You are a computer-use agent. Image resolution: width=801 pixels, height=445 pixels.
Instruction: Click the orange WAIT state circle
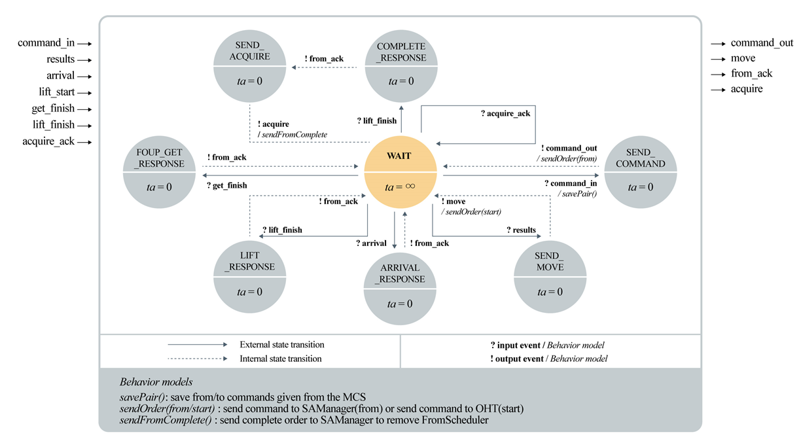click(400, 172)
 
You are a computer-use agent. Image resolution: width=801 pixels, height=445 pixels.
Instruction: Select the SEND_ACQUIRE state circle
click(249, 66)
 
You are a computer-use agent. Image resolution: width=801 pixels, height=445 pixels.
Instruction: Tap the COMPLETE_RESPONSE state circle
click(401, 66)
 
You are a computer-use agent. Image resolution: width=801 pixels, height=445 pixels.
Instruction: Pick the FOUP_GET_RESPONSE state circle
click(159, 172)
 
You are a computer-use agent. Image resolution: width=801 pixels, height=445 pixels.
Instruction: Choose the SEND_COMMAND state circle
click(641, 172)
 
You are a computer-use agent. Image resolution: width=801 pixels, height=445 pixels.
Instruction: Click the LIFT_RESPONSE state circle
click(249, 277)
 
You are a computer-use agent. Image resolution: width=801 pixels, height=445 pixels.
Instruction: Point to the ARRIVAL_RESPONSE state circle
click(400, 289)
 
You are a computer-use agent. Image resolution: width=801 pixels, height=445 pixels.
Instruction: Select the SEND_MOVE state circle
click(550, 277)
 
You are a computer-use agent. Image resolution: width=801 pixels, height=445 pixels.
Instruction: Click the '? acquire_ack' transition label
click(505, 114)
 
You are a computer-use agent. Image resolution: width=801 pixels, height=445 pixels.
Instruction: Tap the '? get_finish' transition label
click(226, 186)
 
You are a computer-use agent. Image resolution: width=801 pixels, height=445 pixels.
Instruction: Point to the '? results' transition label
click(521, 230)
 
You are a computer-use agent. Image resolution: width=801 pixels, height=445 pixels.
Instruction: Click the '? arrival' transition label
click(371, 243)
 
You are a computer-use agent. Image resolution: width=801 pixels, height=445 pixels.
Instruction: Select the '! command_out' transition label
click(569, 149)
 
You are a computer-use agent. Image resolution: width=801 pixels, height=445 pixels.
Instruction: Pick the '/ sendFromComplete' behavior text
click(293, 135)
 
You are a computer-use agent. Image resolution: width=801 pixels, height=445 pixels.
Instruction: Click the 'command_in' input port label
click(46, 43)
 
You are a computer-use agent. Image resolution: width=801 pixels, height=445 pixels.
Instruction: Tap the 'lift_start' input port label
click(57, 92)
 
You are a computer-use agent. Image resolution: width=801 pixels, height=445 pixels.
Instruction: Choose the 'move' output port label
click(743, 58)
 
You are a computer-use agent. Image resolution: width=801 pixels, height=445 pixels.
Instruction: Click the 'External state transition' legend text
click(282, 344)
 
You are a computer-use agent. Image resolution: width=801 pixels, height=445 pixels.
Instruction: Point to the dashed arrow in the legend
click(198, 359)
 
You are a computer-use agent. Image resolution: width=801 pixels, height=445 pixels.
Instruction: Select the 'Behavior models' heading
click(156, 382)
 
